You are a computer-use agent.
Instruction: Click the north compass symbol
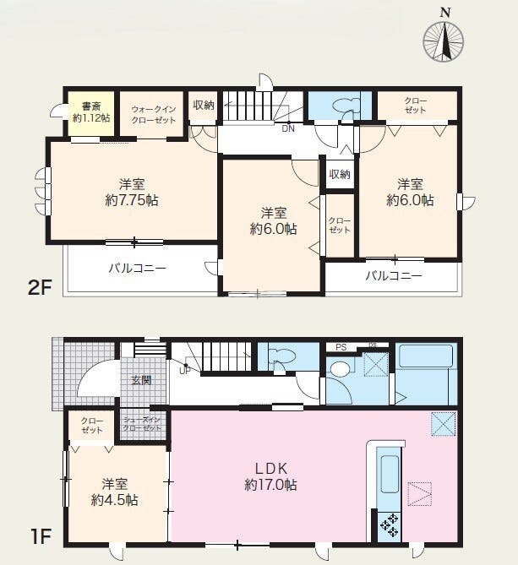(x=443, y=41)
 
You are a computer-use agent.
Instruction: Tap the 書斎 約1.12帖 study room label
(x=91, y=112)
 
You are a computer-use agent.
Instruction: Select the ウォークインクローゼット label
(x=153, y=115)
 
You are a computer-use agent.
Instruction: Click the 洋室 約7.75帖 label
(x=132, y=193)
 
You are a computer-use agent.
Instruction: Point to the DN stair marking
(x=288, y=128)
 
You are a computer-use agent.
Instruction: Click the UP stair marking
(x=185, y=371)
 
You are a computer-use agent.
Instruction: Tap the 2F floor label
(x=40, y=287)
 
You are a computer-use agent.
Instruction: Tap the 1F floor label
(x=41, y=537)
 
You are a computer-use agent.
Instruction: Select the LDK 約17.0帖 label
(x=270, y=477)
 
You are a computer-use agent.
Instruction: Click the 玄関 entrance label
(x=141, y=380)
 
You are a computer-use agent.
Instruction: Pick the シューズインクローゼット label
(x=142, y=424)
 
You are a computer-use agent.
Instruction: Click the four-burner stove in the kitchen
(x=390, y=524)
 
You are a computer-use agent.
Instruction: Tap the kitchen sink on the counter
(x=390, y=474)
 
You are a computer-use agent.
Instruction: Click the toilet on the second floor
(x=346, y=106)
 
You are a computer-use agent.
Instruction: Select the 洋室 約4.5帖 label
(x=115, y=492)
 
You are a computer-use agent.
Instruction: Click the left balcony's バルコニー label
(x=138, y=268)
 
